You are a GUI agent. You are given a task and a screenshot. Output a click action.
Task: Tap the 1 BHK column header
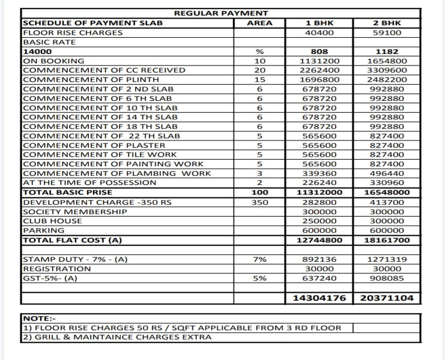[x=319, y=23]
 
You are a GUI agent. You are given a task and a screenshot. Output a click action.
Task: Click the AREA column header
[x=259, y=23]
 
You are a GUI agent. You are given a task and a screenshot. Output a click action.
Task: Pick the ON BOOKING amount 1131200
[x=319, y=61]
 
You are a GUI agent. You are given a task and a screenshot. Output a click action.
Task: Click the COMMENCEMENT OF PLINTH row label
[x=91, y=80]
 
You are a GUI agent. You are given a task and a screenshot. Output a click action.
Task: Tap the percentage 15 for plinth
[x=259, y=80]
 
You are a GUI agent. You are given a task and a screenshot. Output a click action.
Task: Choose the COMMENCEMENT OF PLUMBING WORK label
[x=116, y=173]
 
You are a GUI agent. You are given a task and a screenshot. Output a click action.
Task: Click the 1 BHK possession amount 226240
[x=319, y=183]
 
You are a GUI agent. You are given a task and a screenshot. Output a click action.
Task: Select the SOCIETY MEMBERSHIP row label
[x=74, y=212]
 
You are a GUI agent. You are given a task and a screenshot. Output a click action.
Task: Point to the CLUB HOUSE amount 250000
[x=319, y=221]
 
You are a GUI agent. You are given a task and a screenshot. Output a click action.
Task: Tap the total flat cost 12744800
[x=319, y=240]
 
